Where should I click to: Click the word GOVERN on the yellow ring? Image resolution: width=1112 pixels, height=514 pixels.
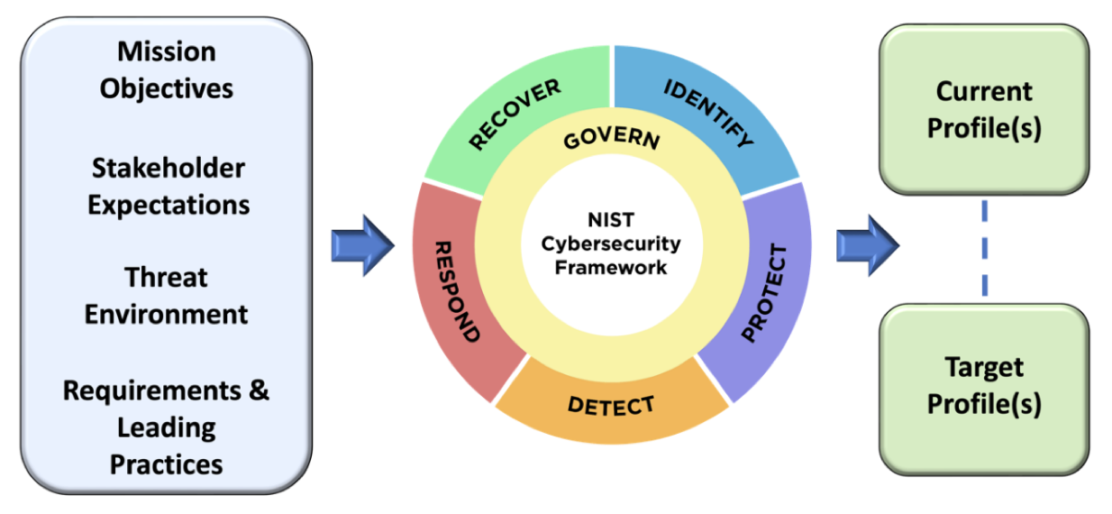611,141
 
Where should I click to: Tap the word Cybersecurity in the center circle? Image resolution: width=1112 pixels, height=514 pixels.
612,243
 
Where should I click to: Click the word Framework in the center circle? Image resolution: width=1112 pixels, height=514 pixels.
612,267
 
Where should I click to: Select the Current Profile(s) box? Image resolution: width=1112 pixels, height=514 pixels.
984,110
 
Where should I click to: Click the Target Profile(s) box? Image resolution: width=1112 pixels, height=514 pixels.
984,386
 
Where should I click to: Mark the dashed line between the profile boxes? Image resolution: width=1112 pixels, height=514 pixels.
984,249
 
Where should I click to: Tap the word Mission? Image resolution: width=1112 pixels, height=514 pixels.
167,51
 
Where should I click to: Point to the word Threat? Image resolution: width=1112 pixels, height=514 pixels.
167,277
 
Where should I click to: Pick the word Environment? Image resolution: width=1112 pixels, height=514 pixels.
167,314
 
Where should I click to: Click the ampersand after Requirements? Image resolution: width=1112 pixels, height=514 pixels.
258,391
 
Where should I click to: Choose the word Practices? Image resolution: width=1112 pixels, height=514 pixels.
167,464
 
